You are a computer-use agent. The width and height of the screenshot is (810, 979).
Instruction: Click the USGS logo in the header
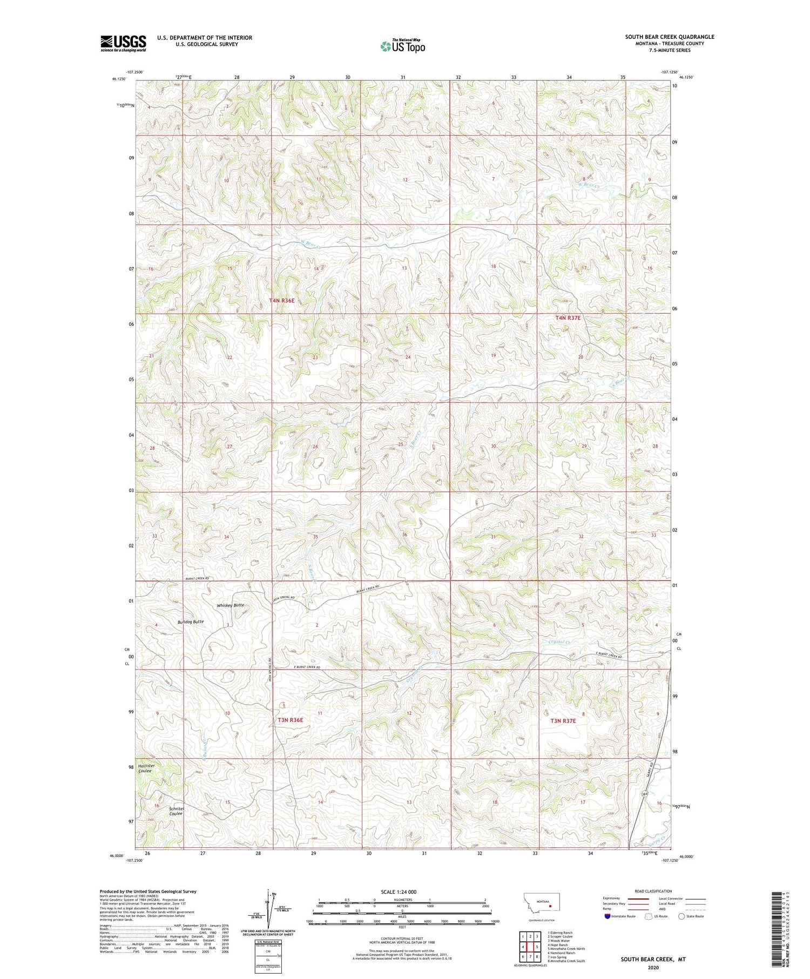tap(123, 43)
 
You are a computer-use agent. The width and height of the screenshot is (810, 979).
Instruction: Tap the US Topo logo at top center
tap(402, 46)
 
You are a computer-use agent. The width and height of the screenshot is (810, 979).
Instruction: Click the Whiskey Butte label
tap(231, 605)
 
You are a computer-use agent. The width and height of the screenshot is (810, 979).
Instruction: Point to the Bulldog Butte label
tap(191, 622)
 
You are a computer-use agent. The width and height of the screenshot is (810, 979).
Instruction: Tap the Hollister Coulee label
tap(146, 768)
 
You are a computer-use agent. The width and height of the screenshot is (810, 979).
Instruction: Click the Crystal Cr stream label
tap(559, 642)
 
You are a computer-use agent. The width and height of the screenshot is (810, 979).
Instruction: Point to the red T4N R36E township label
tap(282, 300)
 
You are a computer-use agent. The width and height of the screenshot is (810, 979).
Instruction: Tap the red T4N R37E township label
tap(568, 318)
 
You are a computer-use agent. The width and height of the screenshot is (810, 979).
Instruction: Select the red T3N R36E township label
tap(291, 720)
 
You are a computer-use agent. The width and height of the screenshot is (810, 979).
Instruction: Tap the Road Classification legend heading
tap(653, 891)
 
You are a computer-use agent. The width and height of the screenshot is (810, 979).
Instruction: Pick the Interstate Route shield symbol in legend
tap(607, 916)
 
